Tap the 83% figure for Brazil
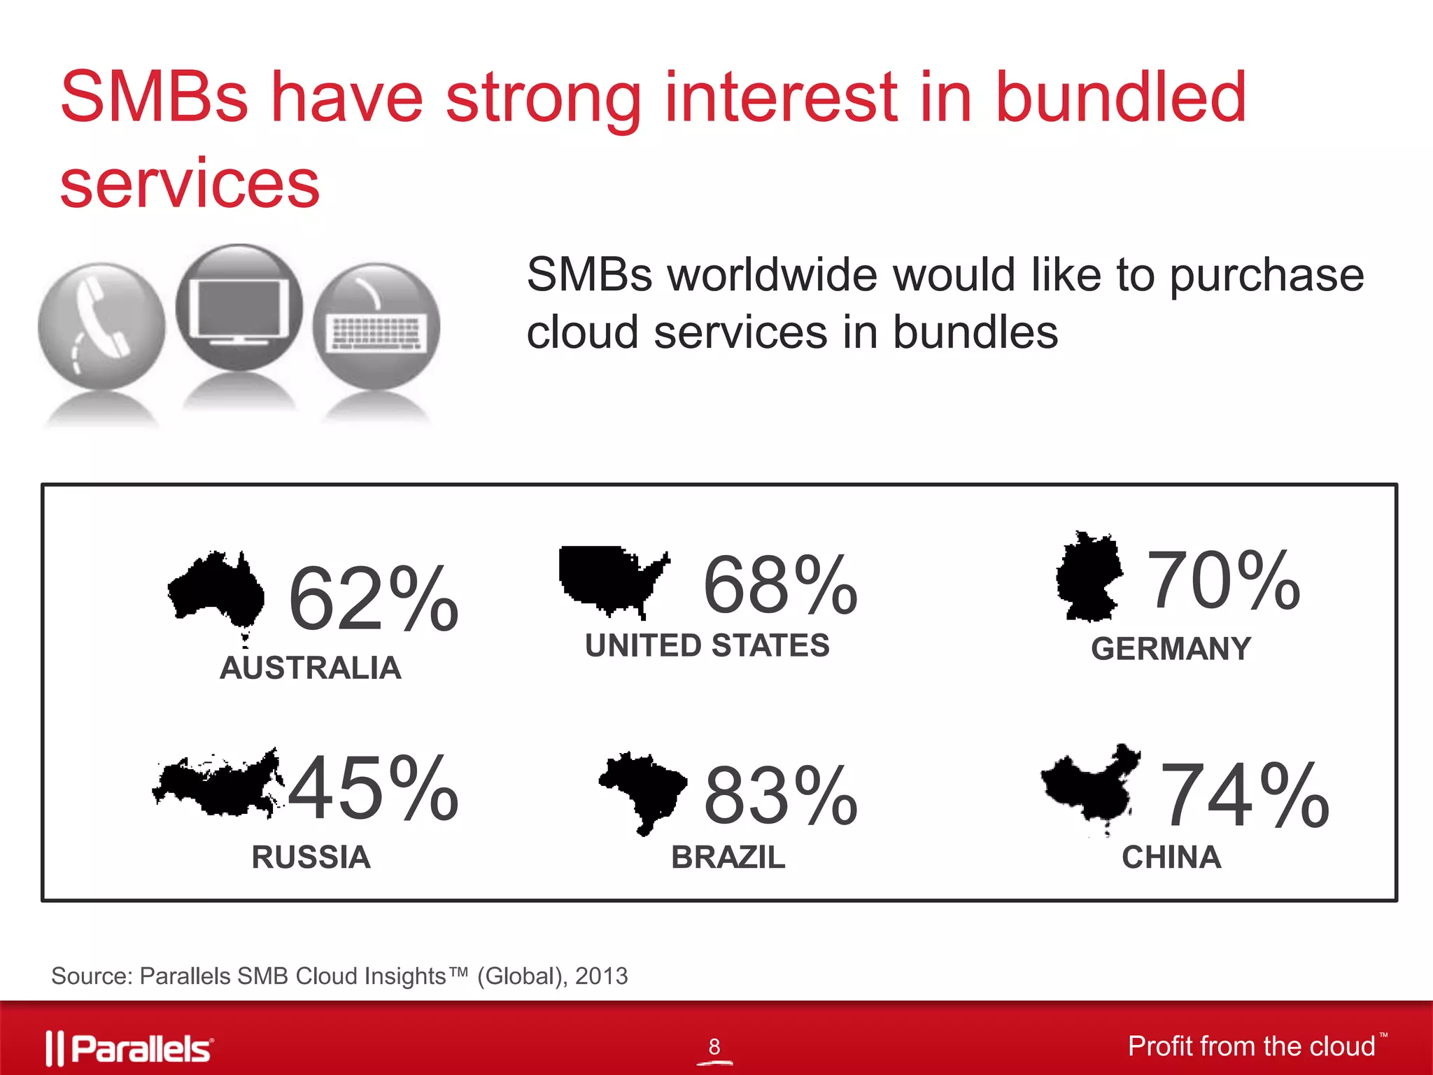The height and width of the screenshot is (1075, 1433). click(x=780, y=796)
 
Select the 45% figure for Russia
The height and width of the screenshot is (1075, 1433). click(x=373, y=788)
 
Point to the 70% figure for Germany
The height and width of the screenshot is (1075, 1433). click(x=1223, y=581)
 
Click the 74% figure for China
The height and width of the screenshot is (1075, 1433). click(x=1244, y=796)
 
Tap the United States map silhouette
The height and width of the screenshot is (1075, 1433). click(x=609, y=577)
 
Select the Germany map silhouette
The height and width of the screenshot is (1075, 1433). click(x=1089, y=577)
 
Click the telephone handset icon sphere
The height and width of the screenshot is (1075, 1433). click(x=101, y=325)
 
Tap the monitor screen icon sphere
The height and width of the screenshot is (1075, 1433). click(x=239, y=308)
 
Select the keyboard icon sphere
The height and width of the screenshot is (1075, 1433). click(x=376, y=325)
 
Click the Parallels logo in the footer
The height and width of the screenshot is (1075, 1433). click(x=130, y=1048)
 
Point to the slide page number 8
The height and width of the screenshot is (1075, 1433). click(x=714, y=1046)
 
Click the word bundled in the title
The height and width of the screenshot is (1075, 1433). click(x=1120, y=98)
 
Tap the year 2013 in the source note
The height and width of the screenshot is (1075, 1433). click(x=601, y=976)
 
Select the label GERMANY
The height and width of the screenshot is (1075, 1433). click(x=1171, y=649)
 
